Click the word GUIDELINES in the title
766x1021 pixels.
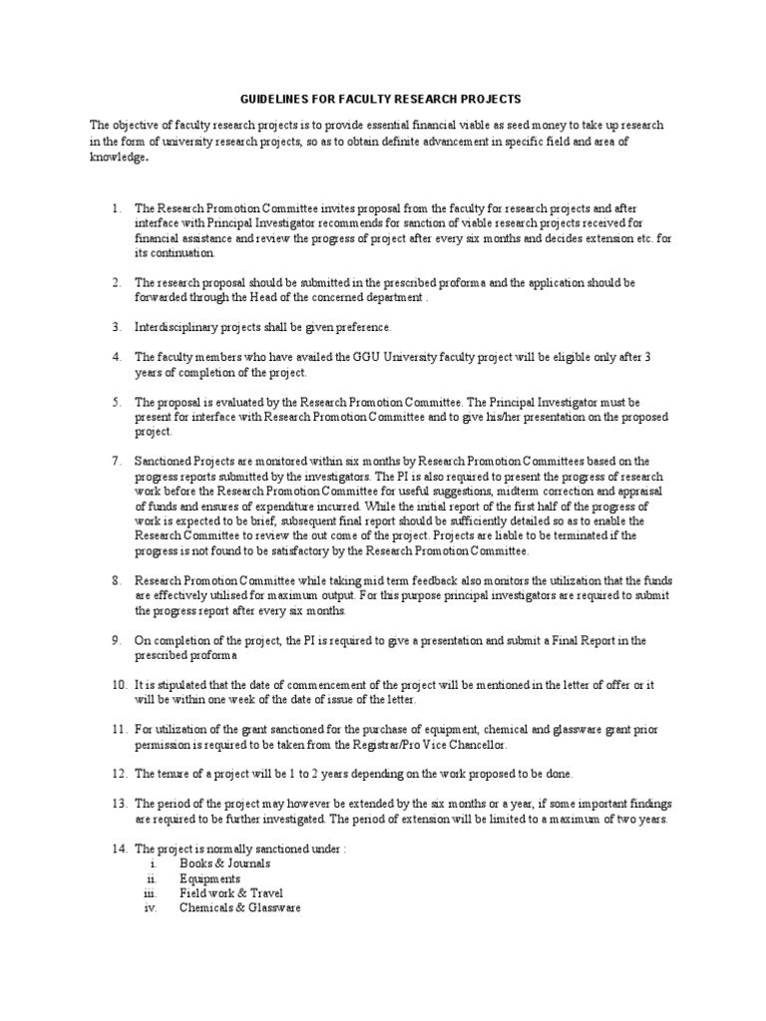277,100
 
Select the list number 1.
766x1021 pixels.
116,209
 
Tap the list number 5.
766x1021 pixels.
116,403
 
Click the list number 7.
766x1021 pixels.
116,462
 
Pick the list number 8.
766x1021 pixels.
116,581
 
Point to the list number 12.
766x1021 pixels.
119,774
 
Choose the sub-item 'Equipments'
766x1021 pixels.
209,878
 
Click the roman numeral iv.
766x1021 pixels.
152,908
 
